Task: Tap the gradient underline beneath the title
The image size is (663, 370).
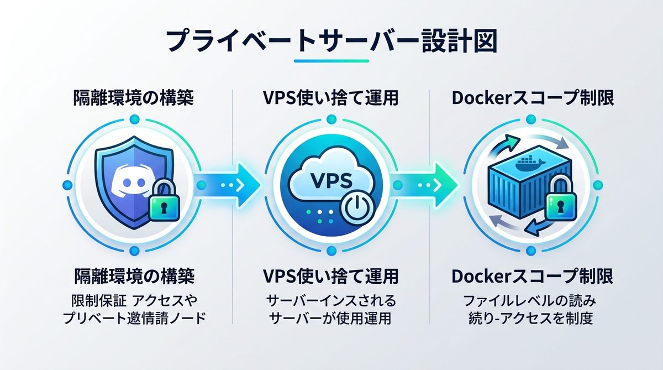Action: click(331, 60)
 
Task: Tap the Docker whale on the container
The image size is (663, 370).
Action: click(525, 161)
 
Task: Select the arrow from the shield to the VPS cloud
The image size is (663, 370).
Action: click(228, 185)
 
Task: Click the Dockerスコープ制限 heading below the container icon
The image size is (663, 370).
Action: click(532, 275)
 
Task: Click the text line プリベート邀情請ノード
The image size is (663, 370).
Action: click(133, 319)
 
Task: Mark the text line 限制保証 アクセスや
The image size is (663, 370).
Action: click(133, 301)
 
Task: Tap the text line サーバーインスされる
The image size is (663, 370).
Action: click(331, 301)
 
